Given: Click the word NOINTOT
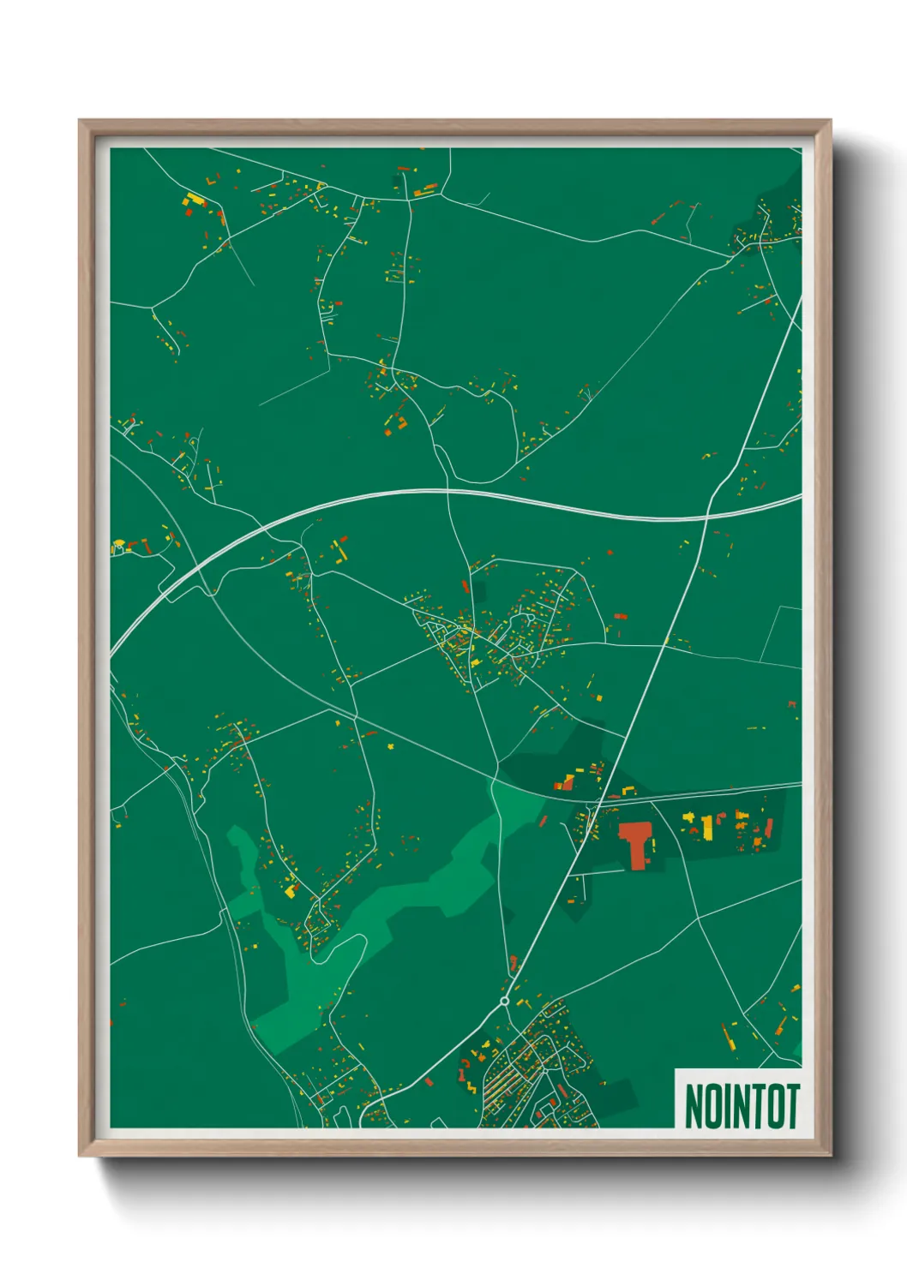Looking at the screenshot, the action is pyautogui.click(x=742, y=1106).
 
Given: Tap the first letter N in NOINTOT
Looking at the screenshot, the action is pyautogui.click(x=694, y=1106).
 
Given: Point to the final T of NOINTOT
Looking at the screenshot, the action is pyautogui.click(x=792, y=1106).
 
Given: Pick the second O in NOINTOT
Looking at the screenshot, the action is pyautogui.click(x=775, y=1106).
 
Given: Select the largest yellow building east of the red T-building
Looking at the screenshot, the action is pyautogui.click(x=708, y=828).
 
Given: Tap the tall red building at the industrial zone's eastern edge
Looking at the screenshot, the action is pyautogui.click(x=769, y=828).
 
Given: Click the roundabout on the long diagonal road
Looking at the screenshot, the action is pyautogui.click(x=504, y=1001).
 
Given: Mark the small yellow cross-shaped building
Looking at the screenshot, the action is pyautogui.click(x=392, y=745).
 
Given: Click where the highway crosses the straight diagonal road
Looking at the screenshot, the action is pyautogui.click(x=706, y=517).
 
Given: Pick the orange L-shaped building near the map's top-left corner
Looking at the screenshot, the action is pyautogui.click(x=211, y=182).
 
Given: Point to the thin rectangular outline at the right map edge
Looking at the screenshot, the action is pyautogui.click(x=782, y=634).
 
